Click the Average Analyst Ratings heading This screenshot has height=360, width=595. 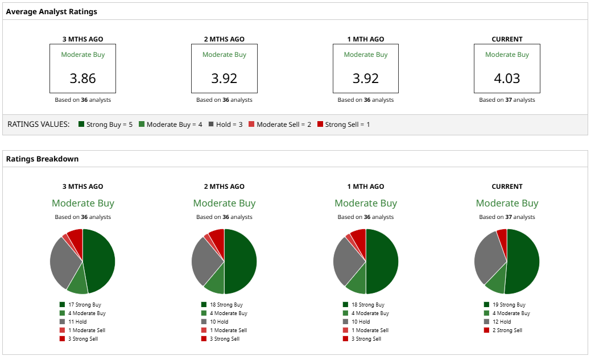(51, 11)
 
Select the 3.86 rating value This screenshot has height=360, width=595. (82, 78)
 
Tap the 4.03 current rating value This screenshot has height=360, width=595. (507, 78)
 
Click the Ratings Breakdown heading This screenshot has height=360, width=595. (42, 159)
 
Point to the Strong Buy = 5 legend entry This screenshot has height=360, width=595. (105, 124)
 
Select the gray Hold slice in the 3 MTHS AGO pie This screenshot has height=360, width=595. (64, 262)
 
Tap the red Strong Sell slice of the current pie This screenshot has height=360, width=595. (502, 235)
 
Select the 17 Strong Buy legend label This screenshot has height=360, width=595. (84, 305)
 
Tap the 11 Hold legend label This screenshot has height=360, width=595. (77, 322)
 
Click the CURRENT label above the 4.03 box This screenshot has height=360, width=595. (507, 39)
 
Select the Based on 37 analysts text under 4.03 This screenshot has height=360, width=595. (507, 100)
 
